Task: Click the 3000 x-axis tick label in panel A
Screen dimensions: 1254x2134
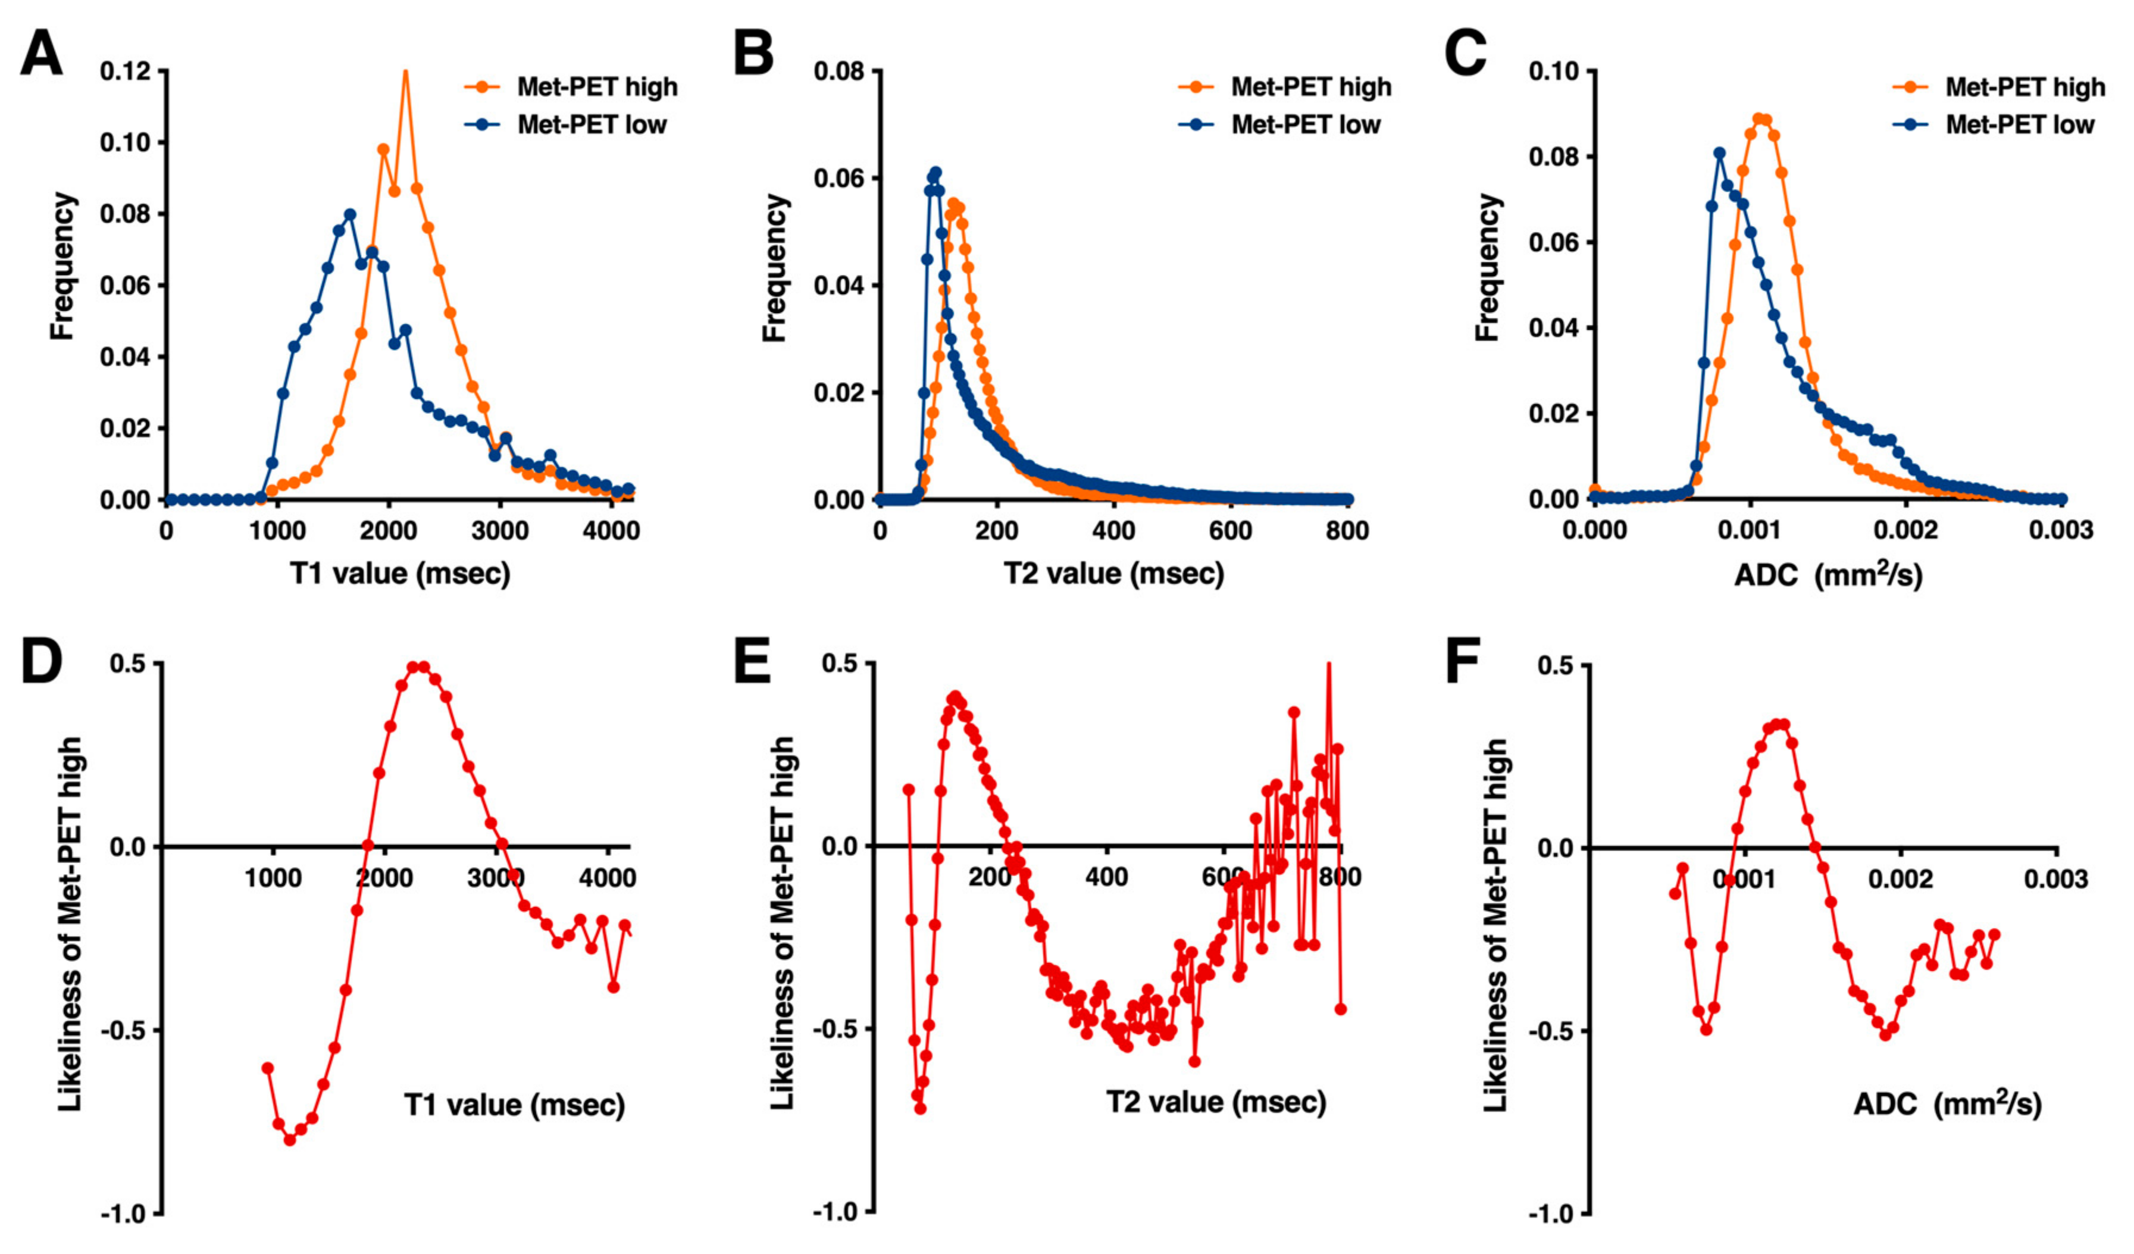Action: (x=500, y=531)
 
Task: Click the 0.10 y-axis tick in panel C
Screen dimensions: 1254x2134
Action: (x=1557, y=71)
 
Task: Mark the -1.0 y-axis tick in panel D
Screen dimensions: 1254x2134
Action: (x=126, y=1214)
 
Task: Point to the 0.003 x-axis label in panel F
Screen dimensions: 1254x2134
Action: (x=2056, y=879)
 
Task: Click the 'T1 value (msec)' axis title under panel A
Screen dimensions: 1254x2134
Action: (x=400, y=574)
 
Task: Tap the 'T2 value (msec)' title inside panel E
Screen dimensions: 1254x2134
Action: (x=1216, y=1102)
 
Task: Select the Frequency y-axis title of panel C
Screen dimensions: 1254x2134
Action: (x=1488, y=268)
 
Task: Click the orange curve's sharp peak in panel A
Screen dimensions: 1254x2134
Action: (x=406, y=73)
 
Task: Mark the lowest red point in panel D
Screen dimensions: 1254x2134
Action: (x=290, y=1140)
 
